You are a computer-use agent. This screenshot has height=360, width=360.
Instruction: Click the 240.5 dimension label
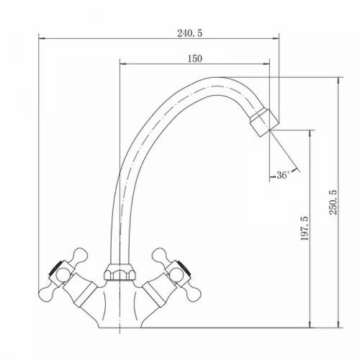coord(189,33)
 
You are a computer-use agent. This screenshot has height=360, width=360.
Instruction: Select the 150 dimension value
coord(194,58)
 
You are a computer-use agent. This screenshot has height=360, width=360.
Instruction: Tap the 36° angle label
coord(283,175)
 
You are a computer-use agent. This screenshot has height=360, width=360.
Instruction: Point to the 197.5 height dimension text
coord(305,228)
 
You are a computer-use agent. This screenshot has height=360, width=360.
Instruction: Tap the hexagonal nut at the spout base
coord(120,272)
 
